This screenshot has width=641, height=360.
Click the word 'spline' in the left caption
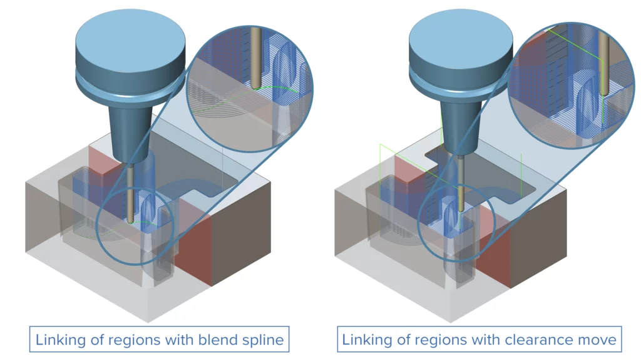pos(266,341)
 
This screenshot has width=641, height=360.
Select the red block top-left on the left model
pos(103,160)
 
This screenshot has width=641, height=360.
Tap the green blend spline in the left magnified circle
pos(275,89)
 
